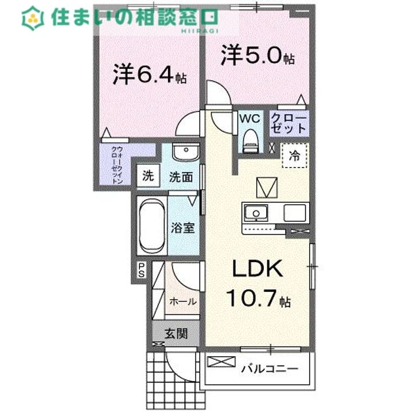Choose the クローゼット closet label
coord(290,123)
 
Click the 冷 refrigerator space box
coord(294,154)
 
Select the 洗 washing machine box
coord(148,176)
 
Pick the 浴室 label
coord(183,227)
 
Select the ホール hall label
coord(182,301)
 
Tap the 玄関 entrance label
coord(176,333)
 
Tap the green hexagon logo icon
coord(33,18)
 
